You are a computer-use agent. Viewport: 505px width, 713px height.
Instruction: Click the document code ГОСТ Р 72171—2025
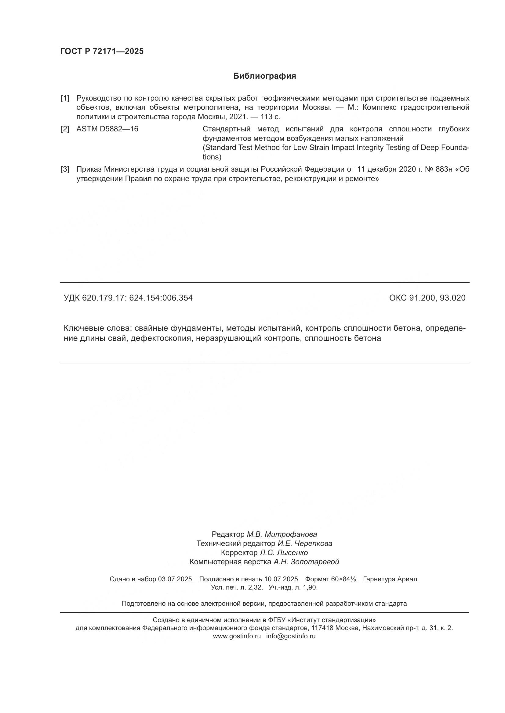[102, 52]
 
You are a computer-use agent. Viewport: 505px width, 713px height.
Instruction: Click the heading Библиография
[265, 76]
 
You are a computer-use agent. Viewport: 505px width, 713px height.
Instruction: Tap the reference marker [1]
[65, 98]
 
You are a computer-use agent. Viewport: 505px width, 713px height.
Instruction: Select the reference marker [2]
[65, 129]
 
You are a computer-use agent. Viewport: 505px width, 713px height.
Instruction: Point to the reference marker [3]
[65, 169]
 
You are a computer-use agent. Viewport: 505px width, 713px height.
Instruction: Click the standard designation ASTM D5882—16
[107, 129]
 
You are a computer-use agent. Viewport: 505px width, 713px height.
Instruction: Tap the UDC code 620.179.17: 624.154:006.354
[137, 298]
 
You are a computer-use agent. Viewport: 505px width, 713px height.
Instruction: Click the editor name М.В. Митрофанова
[282, 534]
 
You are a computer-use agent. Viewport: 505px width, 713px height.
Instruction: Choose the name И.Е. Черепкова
[305, 544]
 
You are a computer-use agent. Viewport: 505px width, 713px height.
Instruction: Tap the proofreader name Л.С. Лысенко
[284, 553]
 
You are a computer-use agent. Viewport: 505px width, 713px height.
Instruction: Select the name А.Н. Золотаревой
[306, 562]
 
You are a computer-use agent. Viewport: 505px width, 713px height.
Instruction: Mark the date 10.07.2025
[282, 579]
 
